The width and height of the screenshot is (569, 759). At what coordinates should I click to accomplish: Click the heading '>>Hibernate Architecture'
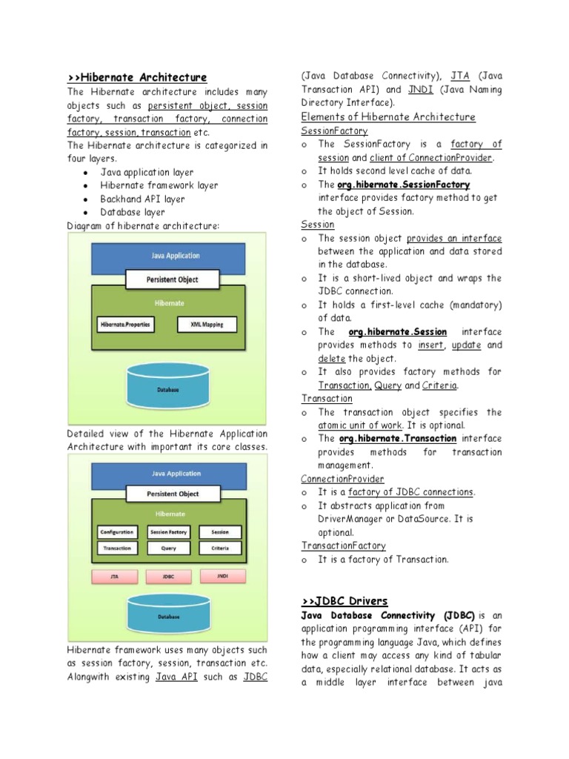pyautogui.click(x=137, y=78)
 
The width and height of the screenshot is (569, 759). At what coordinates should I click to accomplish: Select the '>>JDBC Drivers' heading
pyautogui.click(x=345, y=600)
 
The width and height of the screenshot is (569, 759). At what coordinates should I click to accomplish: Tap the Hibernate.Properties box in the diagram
pyautogui.click(x=124, y=324)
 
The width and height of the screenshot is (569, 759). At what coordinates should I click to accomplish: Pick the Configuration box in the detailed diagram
pyautogui.click(x=116, y=532)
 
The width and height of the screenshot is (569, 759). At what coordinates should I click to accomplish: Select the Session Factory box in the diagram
pyautogui.click(x=168, y=532)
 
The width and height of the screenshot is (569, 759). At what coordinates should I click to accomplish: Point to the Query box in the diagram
pyautogui.click(x=168, y=548)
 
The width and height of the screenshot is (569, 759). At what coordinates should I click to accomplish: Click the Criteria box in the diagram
pyautogui.click(x=220, y=548)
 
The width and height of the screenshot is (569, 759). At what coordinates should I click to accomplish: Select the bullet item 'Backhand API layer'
pyautogui.click(x=143, y=199)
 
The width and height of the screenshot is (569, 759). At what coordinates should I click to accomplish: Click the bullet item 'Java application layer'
pyautogui.click(x=147, y=172)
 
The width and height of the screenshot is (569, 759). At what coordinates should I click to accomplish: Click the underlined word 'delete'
pyautogui.click(x=332, y=359)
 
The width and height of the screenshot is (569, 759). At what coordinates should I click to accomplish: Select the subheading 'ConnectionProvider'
pyautogui.click(x=342, y=479)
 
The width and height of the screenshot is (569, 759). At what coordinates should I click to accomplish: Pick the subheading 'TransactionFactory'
pyautogui.click(x=344, y=546)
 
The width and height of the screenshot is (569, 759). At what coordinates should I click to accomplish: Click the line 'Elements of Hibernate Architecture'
pyautogui.click(x=388, y=117)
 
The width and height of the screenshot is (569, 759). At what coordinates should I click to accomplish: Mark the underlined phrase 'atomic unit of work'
pyautogui.click(x=360, y=425)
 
